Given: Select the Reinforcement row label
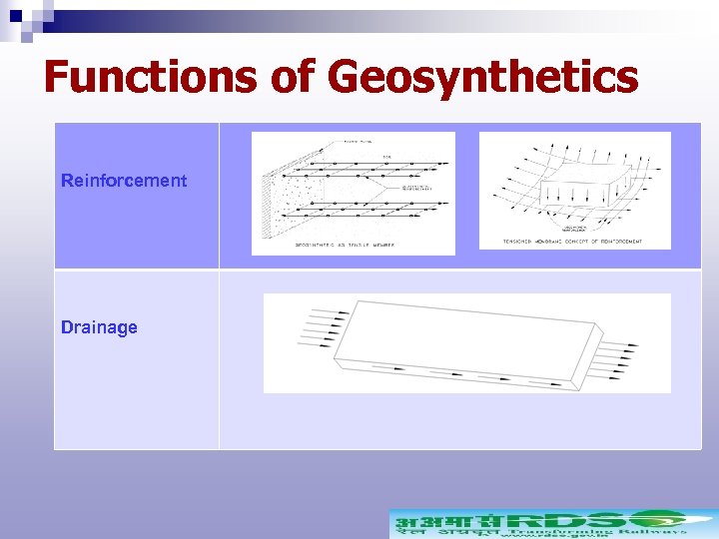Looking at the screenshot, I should (x=124, y=181).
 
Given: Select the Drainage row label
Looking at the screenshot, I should (x=99, y=327).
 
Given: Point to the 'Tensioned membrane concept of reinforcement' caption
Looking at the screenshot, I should (x=575, y=242).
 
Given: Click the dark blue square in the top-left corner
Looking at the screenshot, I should (x=15, y=15).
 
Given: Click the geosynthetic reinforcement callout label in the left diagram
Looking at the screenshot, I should (x=416, y=186).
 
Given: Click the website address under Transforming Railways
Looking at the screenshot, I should (x=539, y=538).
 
